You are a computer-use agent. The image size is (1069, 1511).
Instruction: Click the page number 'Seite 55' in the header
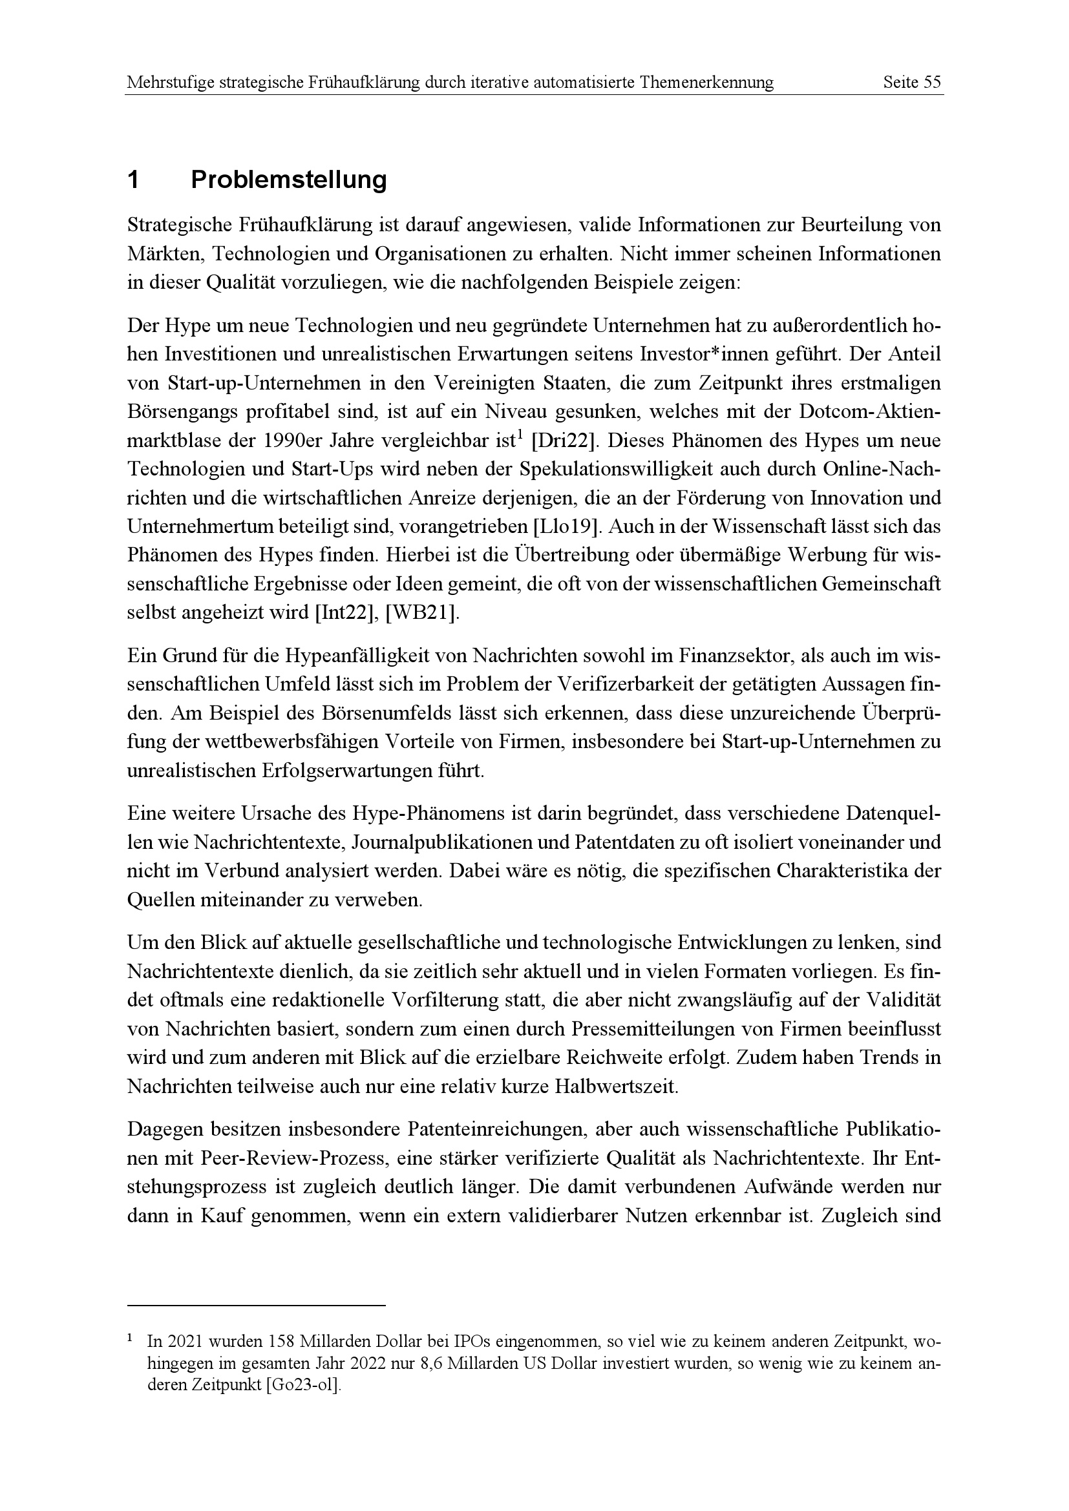[912, 83]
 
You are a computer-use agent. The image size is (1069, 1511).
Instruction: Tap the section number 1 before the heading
[133, 179]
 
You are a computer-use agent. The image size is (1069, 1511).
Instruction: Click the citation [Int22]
[343, 614]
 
